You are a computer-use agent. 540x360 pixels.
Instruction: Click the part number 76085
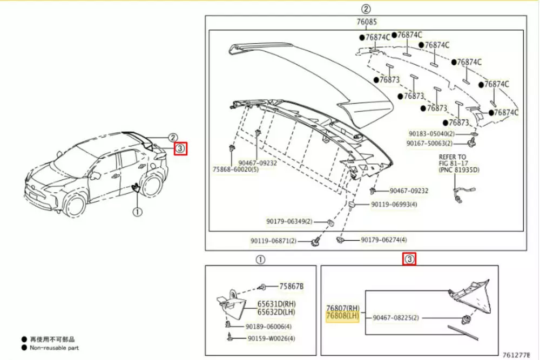[367, 23]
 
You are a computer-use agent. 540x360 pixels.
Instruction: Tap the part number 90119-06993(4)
[394, 205]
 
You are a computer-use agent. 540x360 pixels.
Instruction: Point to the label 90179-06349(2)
[289, 221]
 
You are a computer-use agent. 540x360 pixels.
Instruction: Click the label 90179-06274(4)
[384, 240]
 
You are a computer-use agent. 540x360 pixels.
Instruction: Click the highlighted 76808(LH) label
[342, 316]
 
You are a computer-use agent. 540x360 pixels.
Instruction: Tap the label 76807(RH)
[342, 308]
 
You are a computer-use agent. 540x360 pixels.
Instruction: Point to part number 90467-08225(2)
[395, 318]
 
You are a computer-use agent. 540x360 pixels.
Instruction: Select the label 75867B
[292, 286]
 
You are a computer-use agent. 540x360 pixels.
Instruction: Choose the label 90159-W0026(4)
[272, 338]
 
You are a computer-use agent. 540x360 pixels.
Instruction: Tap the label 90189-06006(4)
[269, 327]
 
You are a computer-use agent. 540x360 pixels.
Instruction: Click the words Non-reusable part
[54, 348]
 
